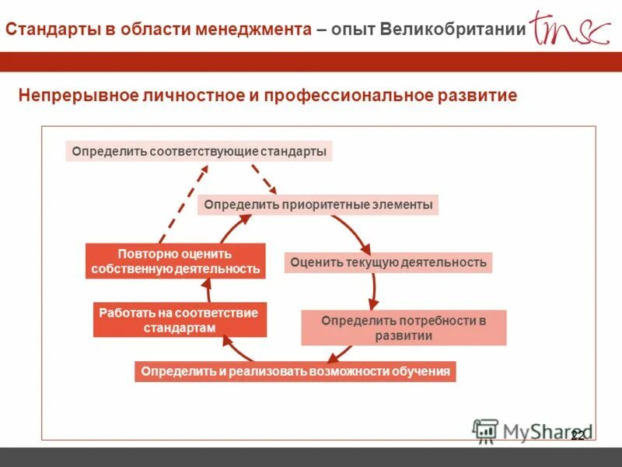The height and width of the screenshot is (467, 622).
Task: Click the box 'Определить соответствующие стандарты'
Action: coord(199,151)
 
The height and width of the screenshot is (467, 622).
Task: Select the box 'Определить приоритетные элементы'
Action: coord(318,205)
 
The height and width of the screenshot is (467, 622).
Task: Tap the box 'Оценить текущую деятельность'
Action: coord(388,262)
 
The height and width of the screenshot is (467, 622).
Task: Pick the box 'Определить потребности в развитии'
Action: coord(404,328)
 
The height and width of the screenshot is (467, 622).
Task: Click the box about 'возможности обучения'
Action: coord(295,371)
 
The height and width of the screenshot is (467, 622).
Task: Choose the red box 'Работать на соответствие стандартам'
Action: coord(180,320)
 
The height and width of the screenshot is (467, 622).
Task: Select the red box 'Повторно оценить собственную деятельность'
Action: coord(175,262)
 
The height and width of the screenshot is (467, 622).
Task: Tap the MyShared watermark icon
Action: coord(485,430)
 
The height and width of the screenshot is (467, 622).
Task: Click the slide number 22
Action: coord(577,436)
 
